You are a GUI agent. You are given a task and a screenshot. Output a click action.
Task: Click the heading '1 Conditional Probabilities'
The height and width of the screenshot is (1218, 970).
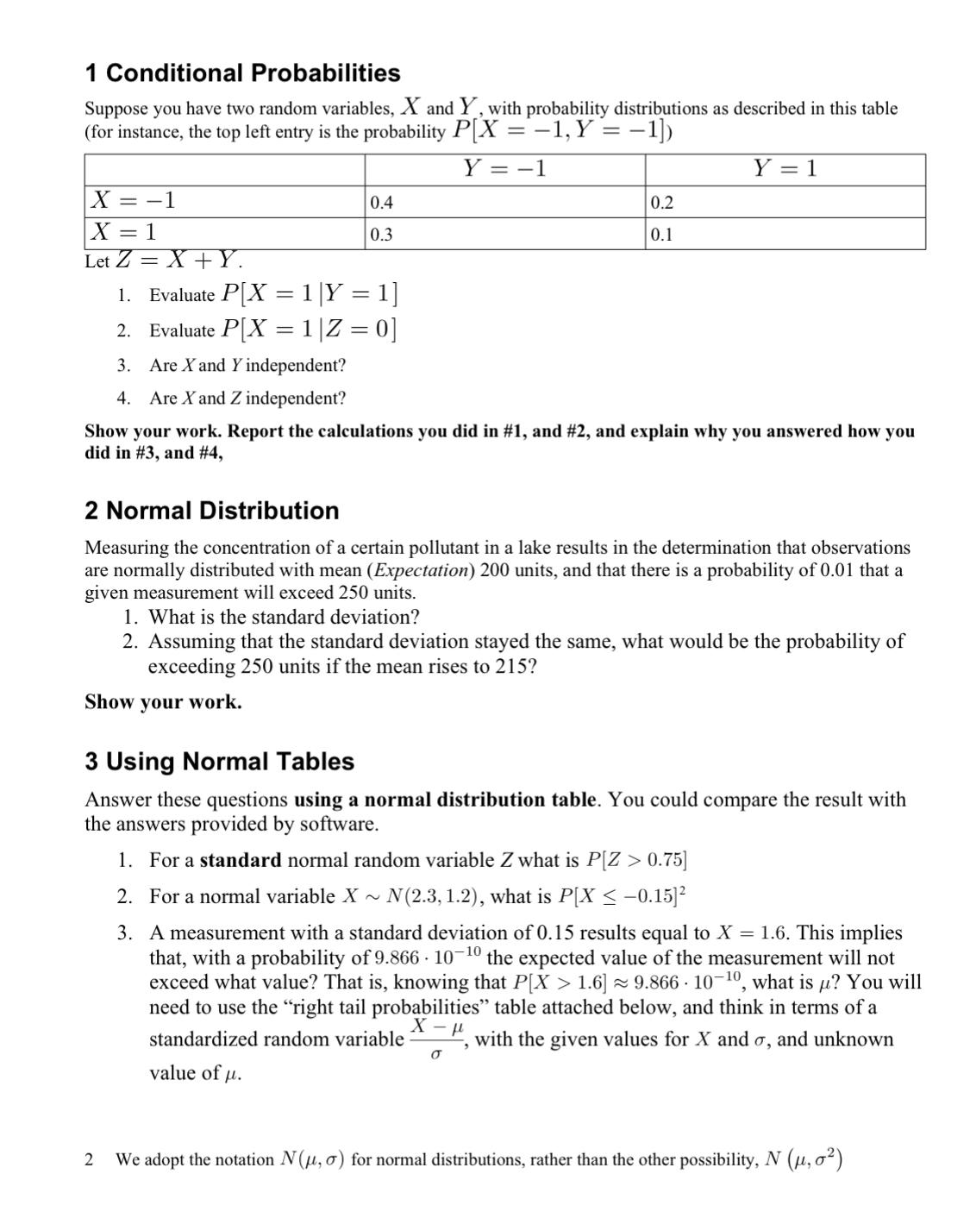click(x=242, y=73)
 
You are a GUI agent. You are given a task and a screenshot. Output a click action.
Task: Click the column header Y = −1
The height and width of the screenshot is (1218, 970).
click(x=504, y=169)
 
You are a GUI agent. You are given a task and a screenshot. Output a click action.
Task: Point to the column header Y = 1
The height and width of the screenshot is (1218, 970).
click(x=785, y=169)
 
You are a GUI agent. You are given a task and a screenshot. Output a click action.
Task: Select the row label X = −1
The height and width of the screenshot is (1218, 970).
click(x=135, y=201)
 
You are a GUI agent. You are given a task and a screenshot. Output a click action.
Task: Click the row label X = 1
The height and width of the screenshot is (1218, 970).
click(x=125, y=233)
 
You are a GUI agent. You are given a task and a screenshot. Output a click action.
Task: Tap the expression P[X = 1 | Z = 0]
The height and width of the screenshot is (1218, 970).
click(x=309, y=330)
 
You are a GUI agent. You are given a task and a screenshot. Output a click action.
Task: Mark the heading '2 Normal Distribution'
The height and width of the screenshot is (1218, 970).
click(x=212, y=511)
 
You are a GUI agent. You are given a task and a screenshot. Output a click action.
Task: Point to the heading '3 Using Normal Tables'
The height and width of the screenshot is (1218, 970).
click(x=219, y=762)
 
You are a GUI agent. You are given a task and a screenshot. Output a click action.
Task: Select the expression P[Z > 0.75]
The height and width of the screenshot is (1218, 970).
click(x=636, y=861)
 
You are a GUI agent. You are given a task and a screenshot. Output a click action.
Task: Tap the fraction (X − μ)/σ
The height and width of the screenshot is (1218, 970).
click(x=436, y=1039)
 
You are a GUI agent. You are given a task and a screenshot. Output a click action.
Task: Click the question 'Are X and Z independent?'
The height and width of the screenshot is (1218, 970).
click(x=247, y=399)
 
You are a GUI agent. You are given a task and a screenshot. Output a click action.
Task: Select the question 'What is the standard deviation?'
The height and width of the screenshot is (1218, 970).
click(x=284, y=618)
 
